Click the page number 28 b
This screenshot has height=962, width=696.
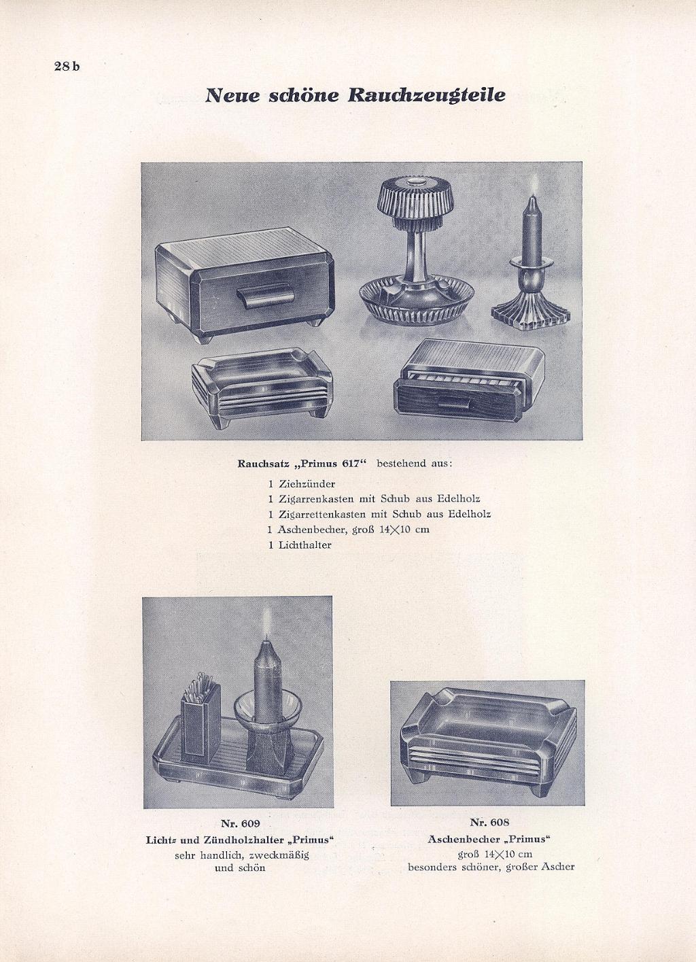point(67,67)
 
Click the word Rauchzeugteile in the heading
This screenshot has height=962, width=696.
point(426,95)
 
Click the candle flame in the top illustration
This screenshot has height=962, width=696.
point(534,183)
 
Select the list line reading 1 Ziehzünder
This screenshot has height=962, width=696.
point(301,484)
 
